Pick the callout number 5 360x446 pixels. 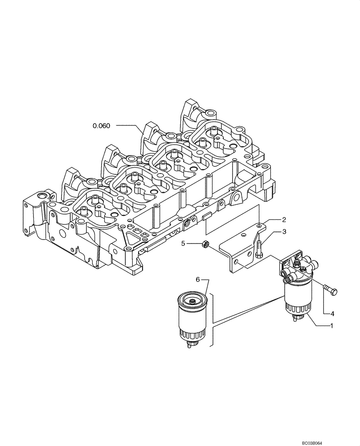(183, 244)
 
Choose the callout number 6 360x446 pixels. (198, 279)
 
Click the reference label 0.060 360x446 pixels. (101, 126)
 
